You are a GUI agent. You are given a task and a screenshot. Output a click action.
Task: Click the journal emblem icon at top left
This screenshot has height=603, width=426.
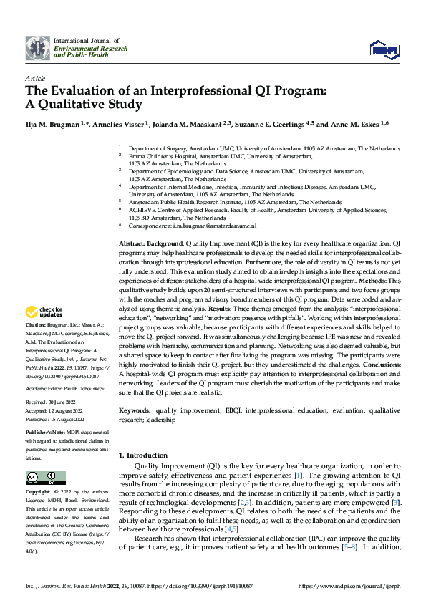(x=37, y=48)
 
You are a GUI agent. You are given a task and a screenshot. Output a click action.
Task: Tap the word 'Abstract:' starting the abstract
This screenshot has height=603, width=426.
(x=134, y=244)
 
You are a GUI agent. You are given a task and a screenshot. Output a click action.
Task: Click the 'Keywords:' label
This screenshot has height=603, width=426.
(x=135, y=410)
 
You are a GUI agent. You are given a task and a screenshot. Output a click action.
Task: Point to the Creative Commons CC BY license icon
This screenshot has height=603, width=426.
(x=45, y=477)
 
